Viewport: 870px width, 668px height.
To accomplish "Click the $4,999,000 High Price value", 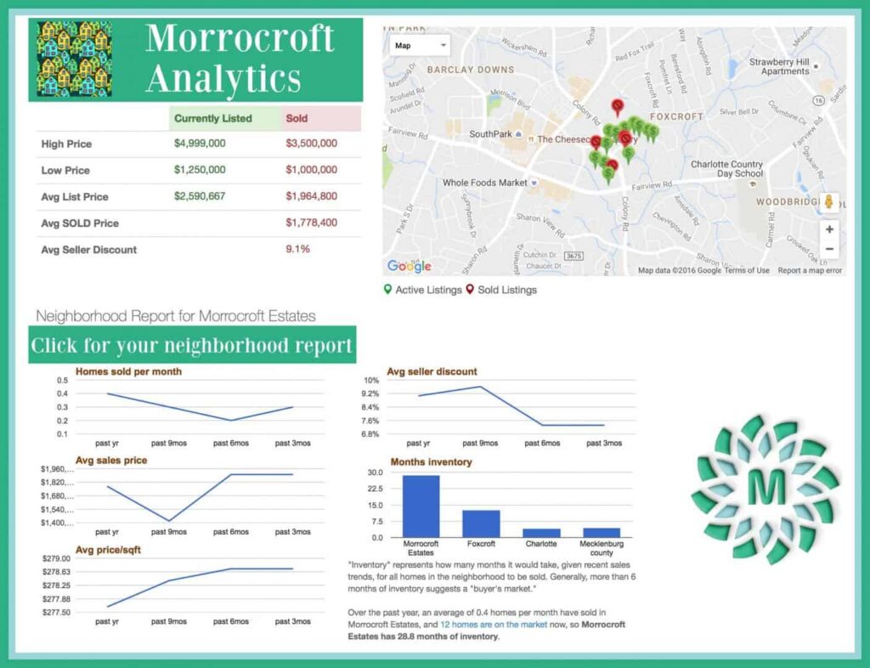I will (200, 144).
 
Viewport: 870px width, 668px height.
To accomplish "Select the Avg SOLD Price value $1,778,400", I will (311, 223).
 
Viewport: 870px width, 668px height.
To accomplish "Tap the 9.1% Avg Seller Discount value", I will (297, 249).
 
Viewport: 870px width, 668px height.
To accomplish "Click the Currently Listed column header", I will (212, 118).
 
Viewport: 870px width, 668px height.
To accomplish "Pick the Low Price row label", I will (65, 170).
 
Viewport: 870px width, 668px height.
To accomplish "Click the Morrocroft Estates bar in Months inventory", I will (421, 506).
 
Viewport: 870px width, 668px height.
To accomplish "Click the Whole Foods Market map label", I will (484, 183).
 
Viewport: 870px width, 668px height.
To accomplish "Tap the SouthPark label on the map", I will (489, 134).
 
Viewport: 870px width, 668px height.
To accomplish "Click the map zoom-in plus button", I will (829, 229).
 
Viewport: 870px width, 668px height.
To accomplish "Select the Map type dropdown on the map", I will (419, 46).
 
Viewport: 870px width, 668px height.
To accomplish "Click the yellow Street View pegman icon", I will (829, 203).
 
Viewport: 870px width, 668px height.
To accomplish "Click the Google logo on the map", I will (409, 266).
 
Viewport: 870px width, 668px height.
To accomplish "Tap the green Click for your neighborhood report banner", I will (191, 346).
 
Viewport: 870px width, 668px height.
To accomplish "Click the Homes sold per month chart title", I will (128, 371).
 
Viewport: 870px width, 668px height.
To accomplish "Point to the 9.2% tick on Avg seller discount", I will (370, 394).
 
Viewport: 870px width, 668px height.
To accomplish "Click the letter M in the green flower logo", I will (766, 487).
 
